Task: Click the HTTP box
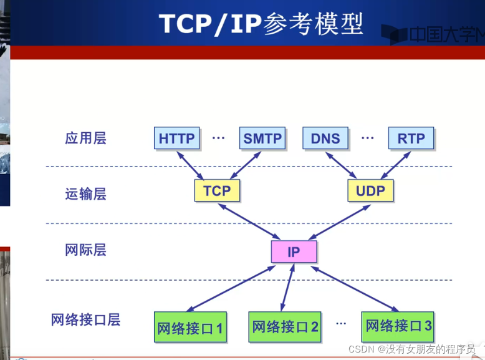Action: (x=176, y=139)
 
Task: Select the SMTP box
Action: (x=262, y=139)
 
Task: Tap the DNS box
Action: (x=325, y=139)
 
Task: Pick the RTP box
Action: (x=410, y=139)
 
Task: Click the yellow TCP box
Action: (x=217, y=191)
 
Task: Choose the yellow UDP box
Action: (x=370, y=191)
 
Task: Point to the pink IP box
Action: (x=294, y=252)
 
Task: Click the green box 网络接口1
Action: (x=190, y=328)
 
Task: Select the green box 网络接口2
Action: (x=286, y=326)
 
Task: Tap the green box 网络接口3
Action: (x=398, y=326)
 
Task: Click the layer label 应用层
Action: (x=85, y=138)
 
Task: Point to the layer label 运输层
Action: (x=85, y=194)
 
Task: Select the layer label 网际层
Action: (x=85, y=250)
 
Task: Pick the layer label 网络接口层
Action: (x=85, y=320)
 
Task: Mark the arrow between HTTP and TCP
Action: (x=193, y=165)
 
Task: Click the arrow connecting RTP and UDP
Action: (x=394, y=165)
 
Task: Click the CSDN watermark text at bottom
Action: (x=411, y=349)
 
